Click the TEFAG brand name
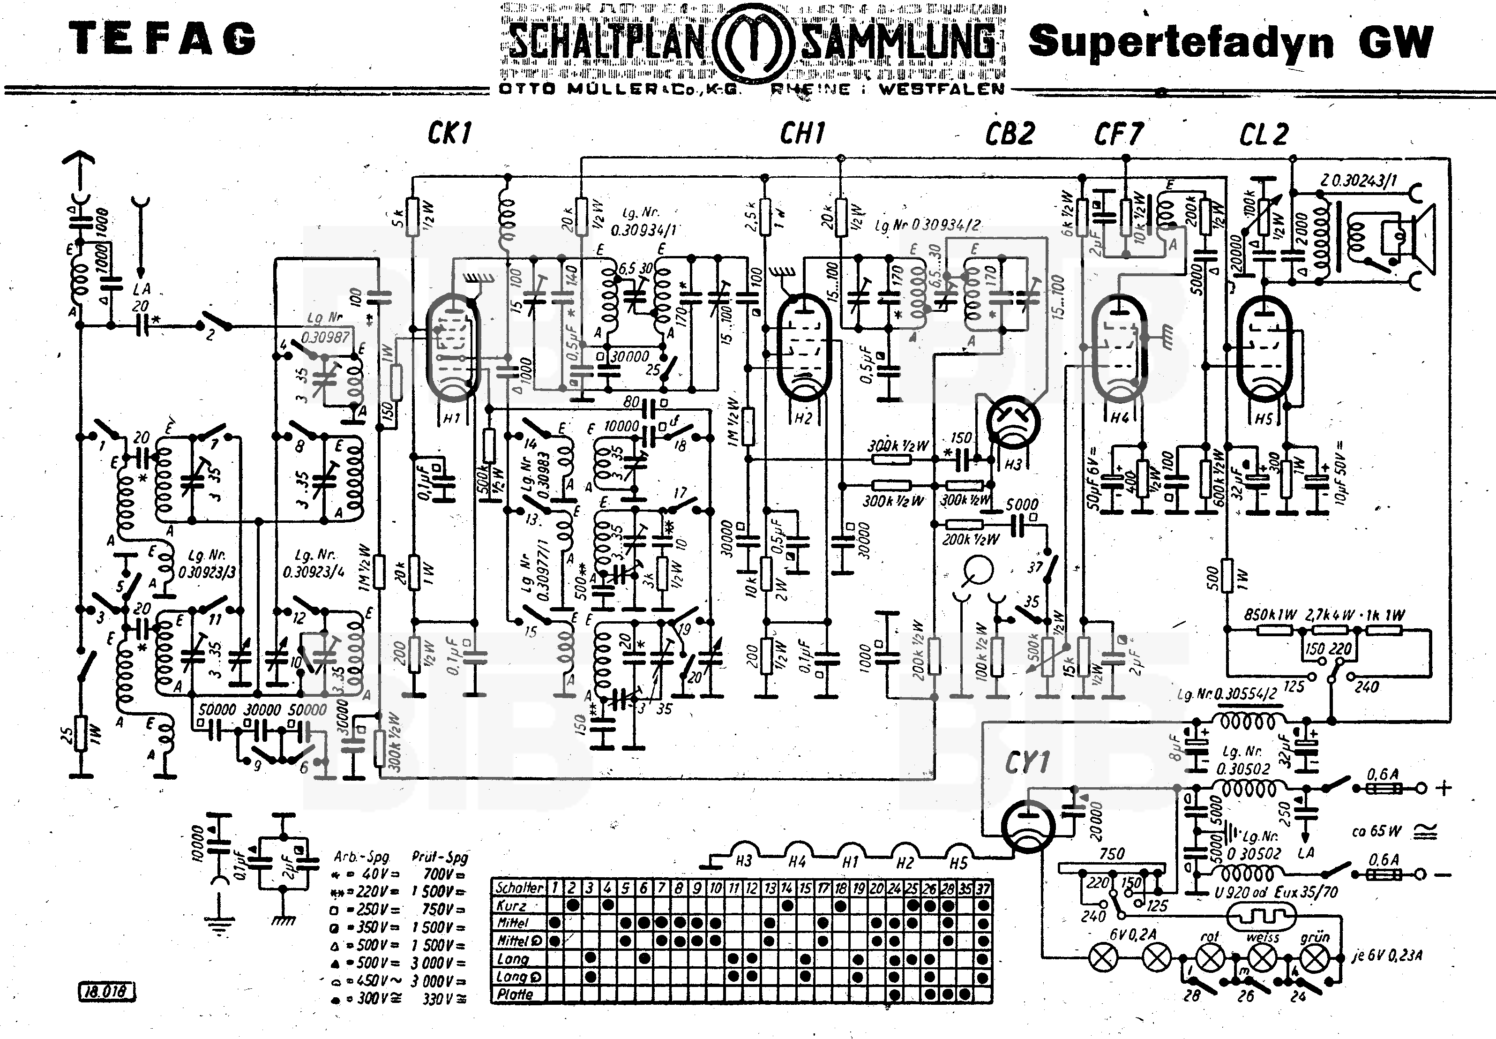pos(162,39)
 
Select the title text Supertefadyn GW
pos(1230,42)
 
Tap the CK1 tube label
pos(449,134)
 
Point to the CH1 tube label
pos(802,134)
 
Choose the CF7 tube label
pos(1118,134)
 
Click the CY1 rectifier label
pos(1027,762)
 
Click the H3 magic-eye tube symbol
pos(1013,422)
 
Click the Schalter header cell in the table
pos(519,887)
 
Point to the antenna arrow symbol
pos(79,163)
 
